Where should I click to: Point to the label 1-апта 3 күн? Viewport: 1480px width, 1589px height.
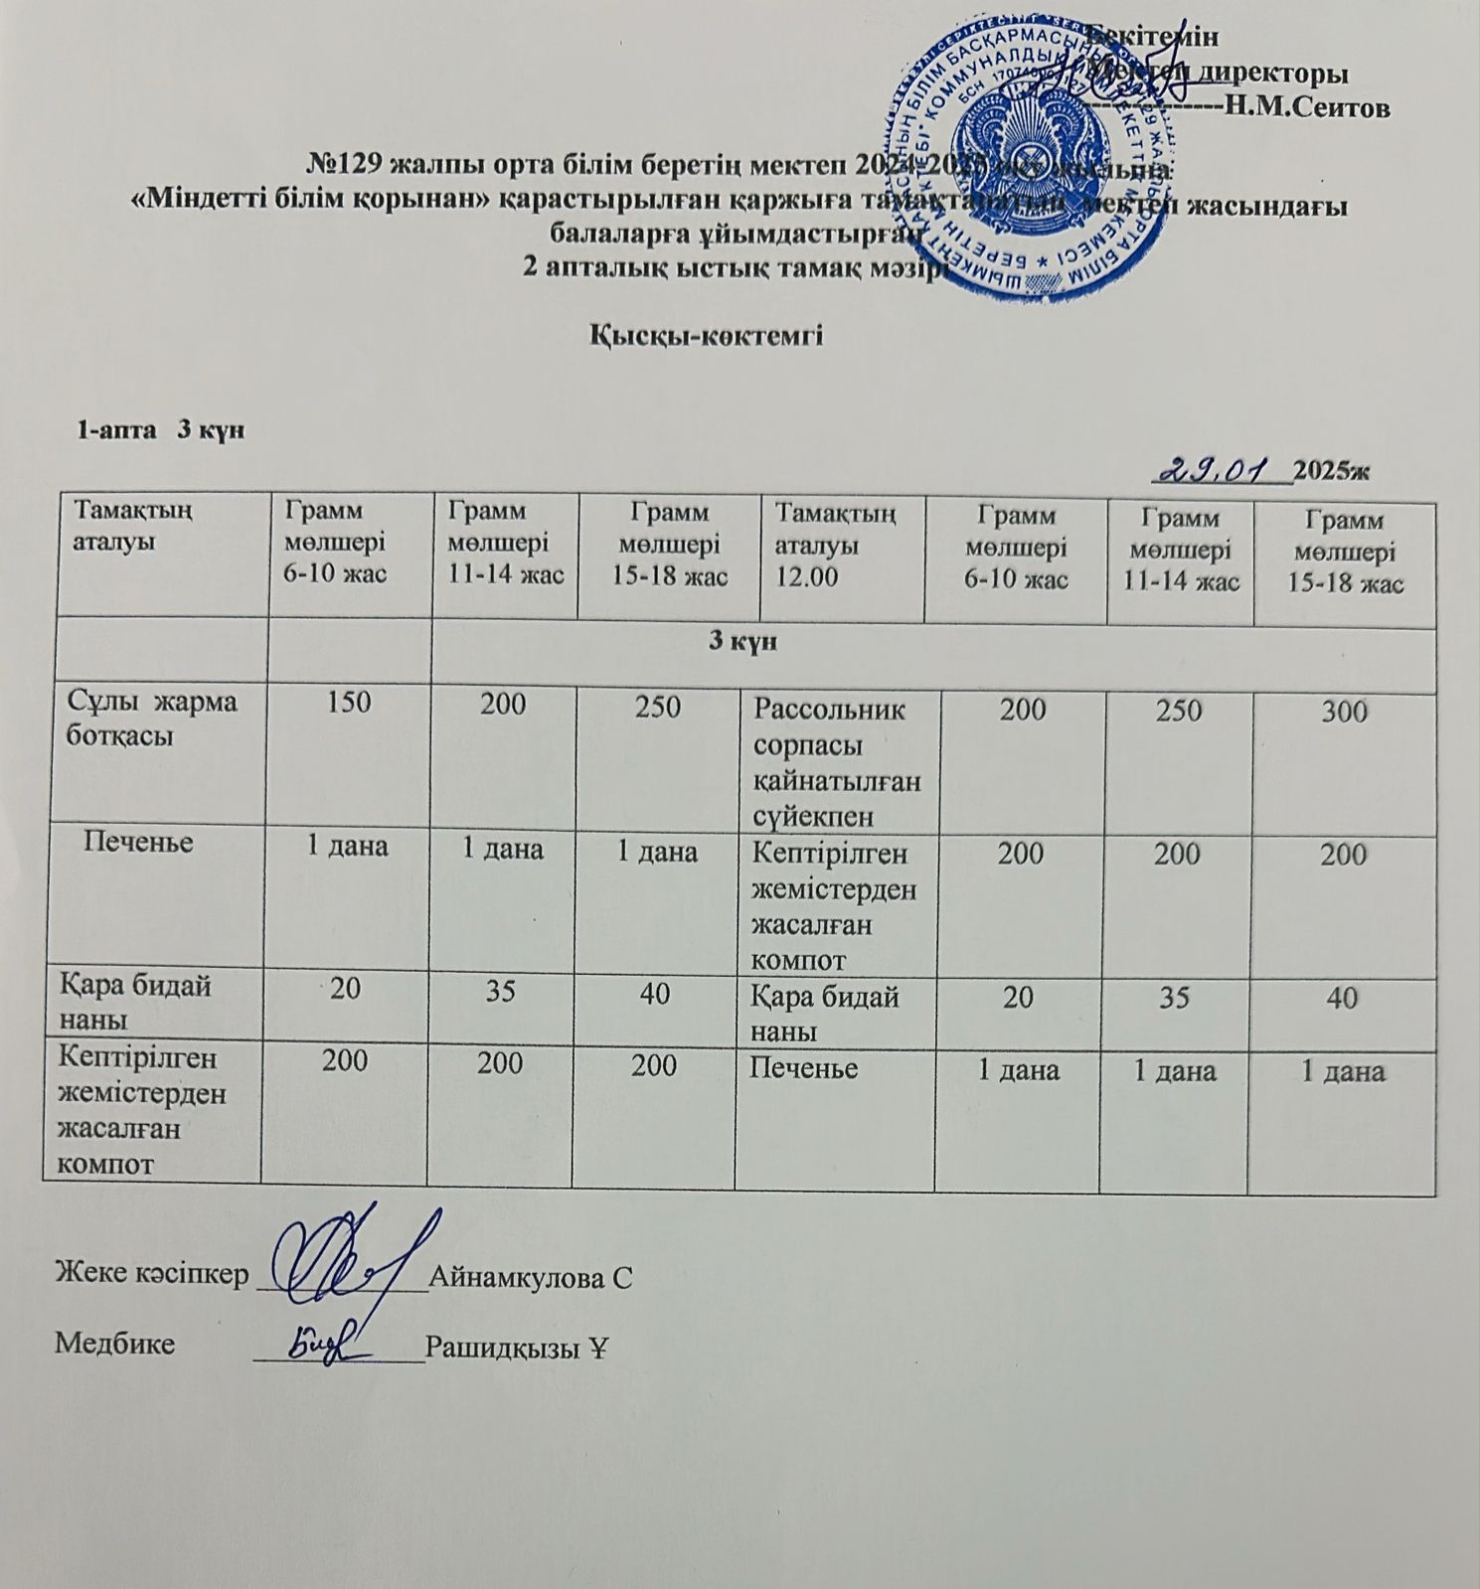pyautogui.click(x=160, y=430)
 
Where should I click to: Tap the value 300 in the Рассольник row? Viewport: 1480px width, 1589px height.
pyautogui.click(x=1344, y=711)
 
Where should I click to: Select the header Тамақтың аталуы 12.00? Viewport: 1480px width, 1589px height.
pyautogui.click(x=835, y=545)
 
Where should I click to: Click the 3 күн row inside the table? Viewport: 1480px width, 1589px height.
pyautogui.click(x=741, y=641)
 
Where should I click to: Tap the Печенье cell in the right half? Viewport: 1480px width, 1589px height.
pyautogui.click(x=806, y=1068)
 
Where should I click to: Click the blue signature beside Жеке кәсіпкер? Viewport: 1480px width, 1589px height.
pyautogui.click(x=343, y=1257)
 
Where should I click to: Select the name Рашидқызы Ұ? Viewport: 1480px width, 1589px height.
pyautogui.click(x=516, y=1346)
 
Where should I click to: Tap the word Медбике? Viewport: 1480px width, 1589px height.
pyautogui.click(x=114, y=1345)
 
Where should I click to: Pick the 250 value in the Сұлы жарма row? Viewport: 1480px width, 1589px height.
pyautogui.click(x=658, y=707)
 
